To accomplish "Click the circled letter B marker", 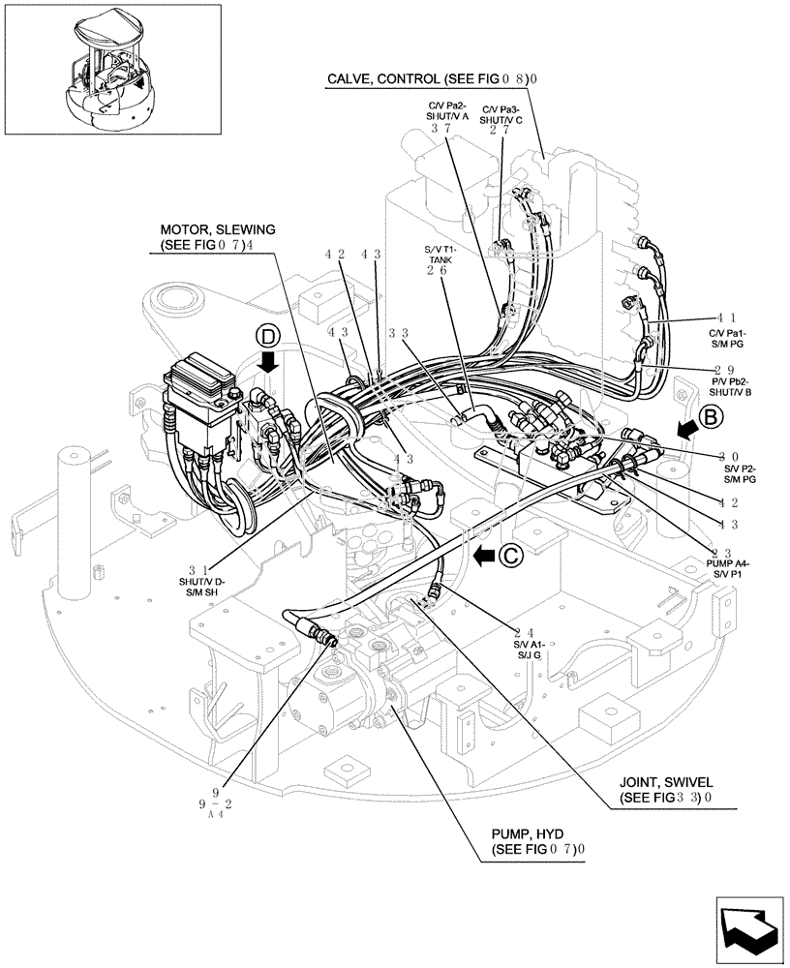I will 709,418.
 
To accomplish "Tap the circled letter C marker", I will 511,555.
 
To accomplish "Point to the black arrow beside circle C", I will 484,556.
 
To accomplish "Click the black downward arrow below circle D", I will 269,363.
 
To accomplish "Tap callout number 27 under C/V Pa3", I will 501,128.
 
